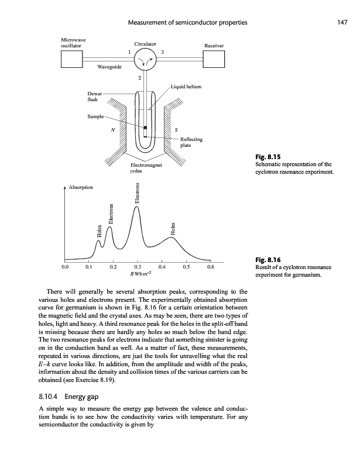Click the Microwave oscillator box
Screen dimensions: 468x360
click(x=72, y=58)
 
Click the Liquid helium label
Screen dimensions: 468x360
click(x=186, y=87)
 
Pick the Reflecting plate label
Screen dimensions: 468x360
click(x=191, y=142)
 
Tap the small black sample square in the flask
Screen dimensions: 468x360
click(x=144, y=128)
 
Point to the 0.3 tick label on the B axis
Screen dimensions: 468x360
click(x=138, y=267)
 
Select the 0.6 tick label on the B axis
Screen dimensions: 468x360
click(x=211, y=267)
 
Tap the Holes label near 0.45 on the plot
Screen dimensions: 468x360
click(x=173, y=228)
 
